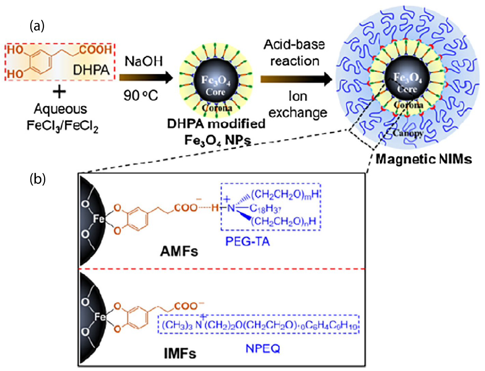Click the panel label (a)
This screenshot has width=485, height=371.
click(x=37, y=26)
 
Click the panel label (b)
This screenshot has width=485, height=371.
click(x=38, y=178)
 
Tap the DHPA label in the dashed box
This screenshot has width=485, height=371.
click(x=91, y=70)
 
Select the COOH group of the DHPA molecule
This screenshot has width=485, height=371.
click(x=96, y=50)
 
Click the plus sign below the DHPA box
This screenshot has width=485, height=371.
click(x=59, y=91)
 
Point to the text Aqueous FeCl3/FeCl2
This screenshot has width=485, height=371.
click(x=62, y=117)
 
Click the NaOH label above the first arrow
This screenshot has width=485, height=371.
click(x=144, y=61)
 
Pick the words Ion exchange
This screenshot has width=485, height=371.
click(x=298, y=104)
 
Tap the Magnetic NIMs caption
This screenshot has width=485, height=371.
click(x=424, y=159)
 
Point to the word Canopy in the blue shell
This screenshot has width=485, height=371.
click(x=408, y=133)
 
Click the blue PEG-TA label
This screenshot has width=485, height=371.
click(x=247, y=242)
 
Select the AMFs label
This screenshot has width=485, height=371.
click(x=179, y=252)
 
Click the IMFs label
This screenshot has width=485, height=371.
click(x=180, y=353)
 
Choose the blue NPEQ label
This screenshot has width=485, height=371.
click(x=263, y=349)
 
